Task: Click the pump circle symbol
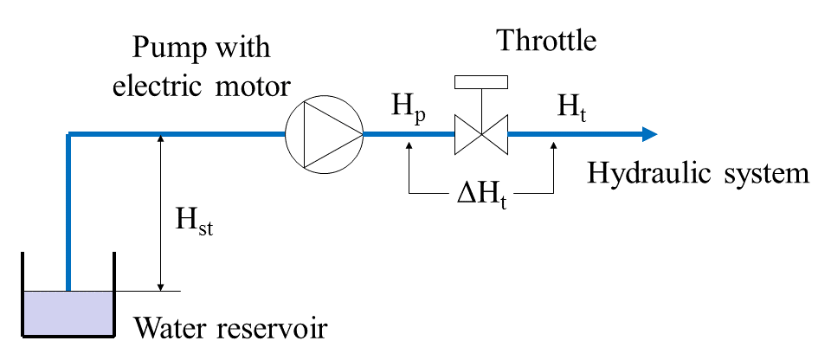click(324, 134)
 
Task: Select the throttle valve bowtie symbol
click(480, 134)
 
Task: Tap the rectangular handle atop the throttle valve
click(480, 82)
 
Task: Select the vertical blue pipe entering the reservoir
click(68, 216)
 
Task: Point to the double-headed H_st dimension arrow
click(160, 212)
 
